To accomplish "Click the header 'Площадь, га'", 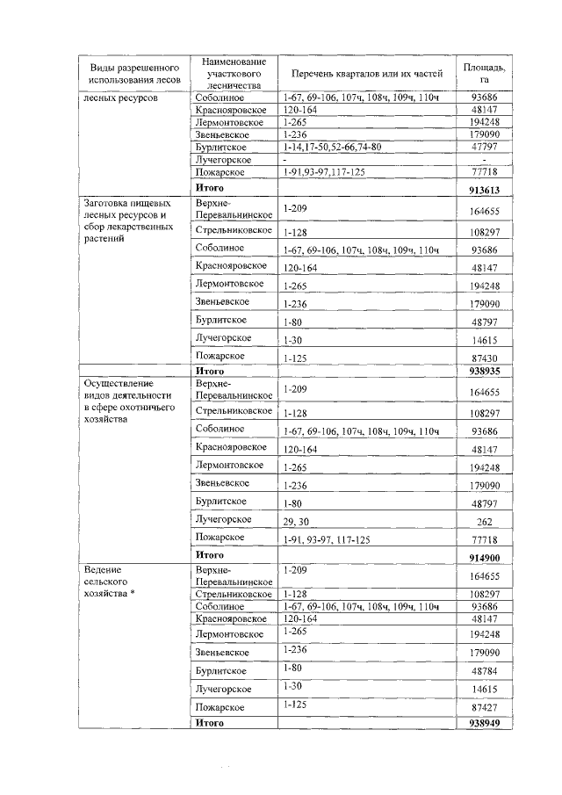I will point(484,73).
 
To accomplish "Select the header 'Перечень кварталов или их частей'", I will point(361,73).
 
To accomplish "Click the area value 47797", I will point(485,148).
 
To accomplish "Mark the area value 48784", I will point(485,672).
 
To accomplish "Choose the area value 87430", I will point(485,359).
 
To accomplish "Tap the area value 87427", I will point(485,708).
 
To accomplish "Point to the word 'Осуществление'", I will point(119,384).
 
